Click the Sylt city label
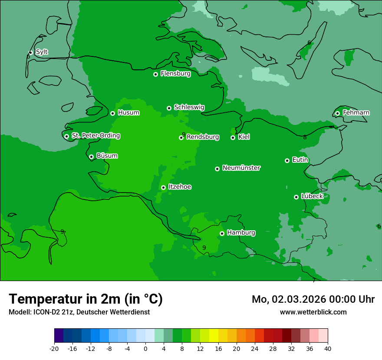point(42,52)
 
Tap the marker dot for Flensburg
point(155,74)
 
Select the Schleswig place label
point(189,107)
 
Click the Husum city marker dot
point(112,113)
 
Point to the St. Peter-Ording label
point(95,136)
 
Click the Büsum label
point(107,156)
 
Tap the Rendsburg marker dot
point(181,137)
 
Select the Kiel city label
point(244,137)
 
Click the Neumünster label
point(241,168)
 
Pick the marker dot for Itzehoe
point(163,187)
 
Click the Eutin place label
point(300,160)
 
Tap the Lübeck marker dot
point(296,197)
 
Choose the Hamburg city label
point(241,233)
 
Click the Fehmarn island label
point(356,113)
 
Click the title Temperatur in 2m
point(86,299)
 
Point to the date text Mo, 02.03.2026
point(285,299)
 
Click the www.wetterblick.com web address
point(313,312)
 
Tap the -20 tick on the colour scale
point(54,348)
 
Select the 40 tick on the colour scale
point(328,348)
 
